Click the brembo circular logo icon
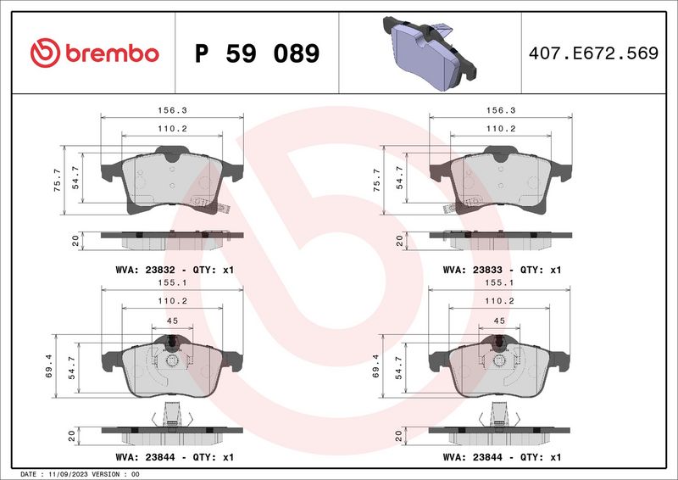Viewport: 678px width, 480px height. [44, 53]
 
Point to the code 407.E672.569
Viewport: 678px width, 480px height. [592, 53]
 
